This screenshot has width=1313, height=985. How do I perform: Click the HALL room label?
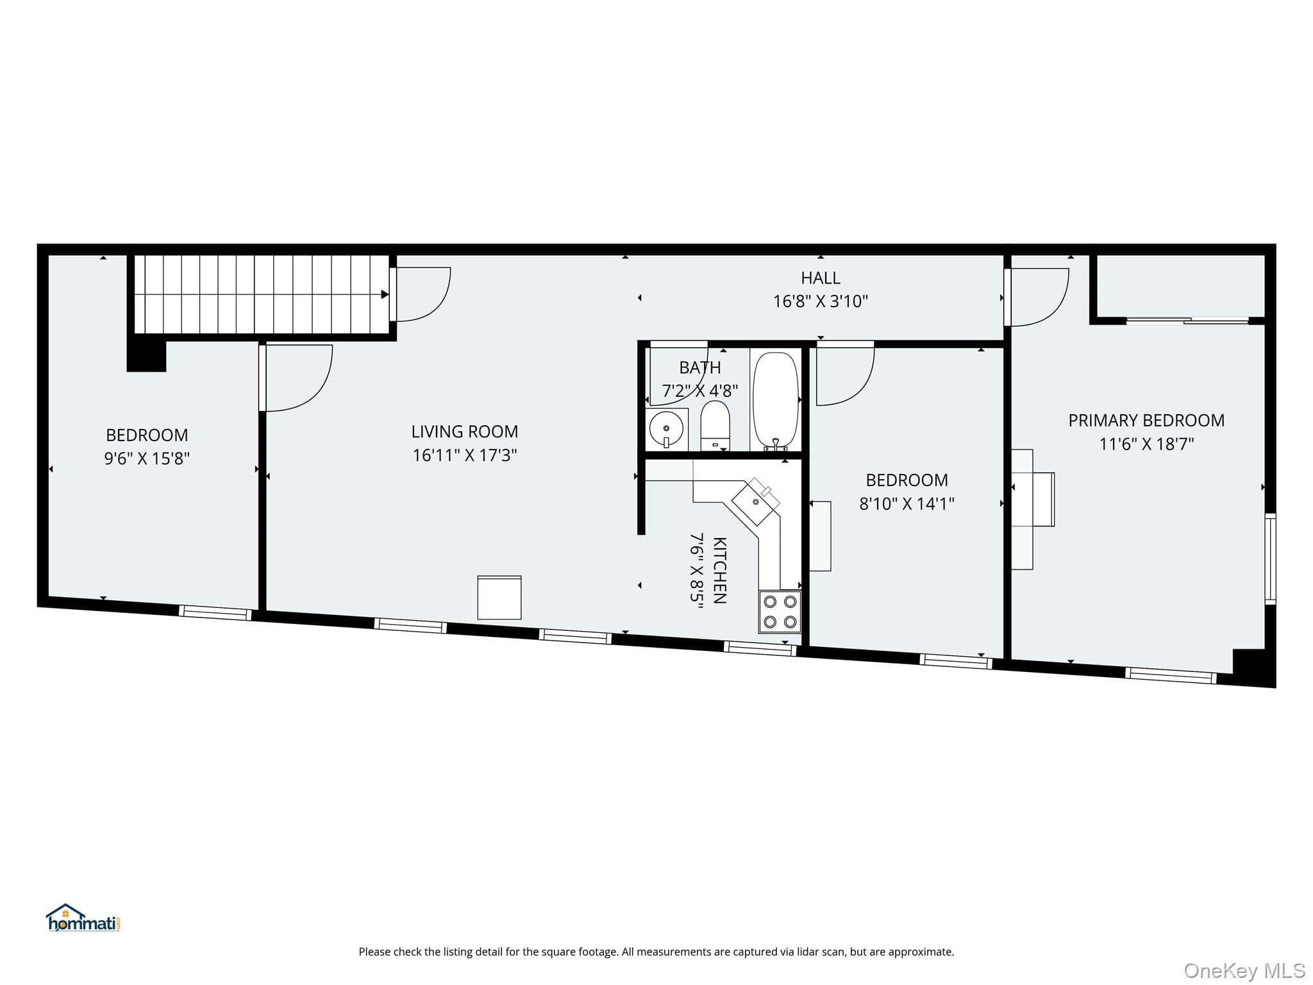(820, 278)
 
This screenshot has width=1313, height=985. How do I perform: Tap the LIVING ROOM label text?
(465, 432)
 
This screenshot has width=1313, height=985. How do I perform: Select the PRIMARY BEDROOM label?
(1146, 421)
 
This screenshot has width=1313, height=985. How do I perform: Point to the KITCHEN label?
(719, 570)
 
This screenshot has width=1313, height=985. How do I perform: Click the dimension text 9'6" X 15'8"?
(147, 459)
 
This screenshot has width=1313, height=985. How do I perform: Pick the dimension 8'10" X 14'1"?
(907, 503)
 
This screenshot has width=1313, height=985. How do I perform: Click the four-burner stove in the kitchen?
(780, 611)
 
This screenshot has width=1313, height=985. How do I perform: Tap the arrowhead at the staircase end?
(385, 294)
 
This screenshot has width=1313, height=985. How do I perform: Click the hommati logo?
(83, 918)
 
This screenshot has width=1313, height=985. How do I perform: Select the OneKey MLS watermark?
(1244, 971)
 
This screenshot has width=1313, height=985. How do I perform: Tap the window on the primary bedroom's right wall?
(1270, 559)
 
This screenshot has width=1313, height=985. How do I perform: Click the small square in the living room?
(499, 598)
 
